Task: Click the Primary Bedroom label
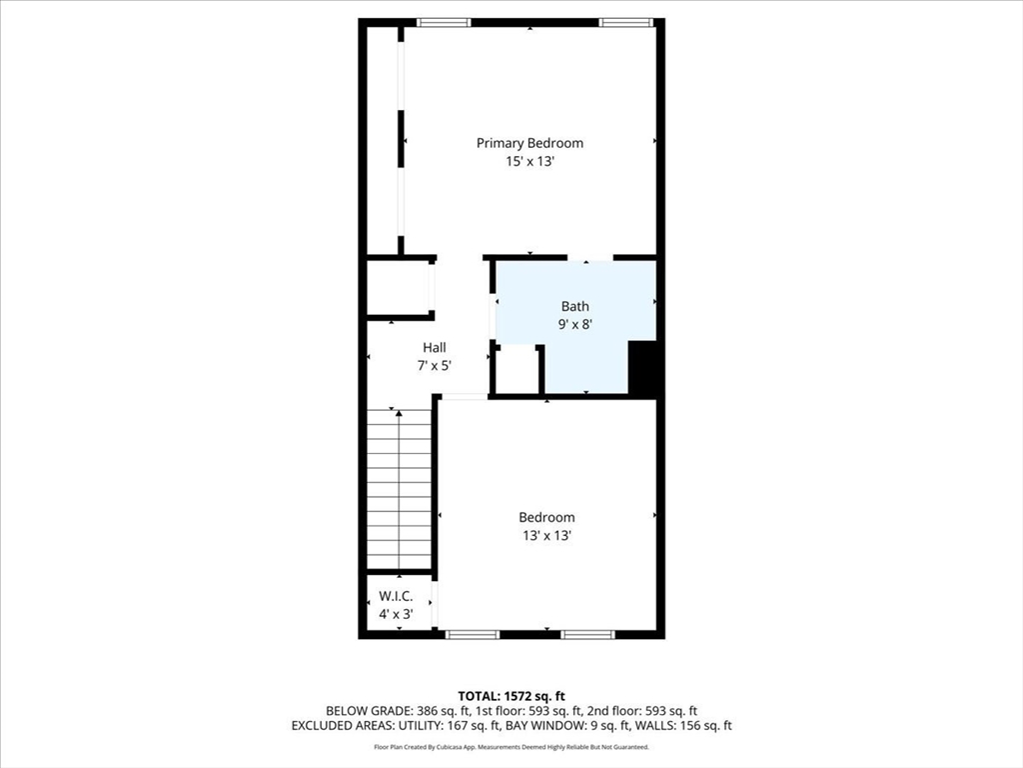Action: coord(529,143)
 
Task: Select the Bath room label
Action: coord(574,307)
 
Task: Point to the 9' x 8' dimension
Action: coord(575,324)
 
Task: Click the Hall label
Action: coord(434,347)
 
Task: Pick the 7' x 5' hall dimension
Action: coord(434,365)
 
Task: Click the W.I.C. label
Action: coord(396,596)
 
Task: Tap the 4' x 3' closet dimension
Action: coord(396,613)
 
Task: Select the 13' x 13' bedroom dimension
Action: coord(546,535)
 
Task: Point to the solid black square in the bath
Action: coord(642,367)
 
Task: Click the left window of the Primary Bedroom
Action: coord(445,22)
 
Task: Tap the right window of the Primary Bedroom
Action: coord(626,22)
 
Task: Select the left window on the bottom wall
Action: coord(472,634)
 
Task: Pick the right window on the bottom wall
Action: coord(587,634)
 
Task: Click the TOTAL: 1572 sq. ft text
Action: coord(511,696)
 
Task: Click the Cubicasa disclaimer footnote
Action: coord(511,747)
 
